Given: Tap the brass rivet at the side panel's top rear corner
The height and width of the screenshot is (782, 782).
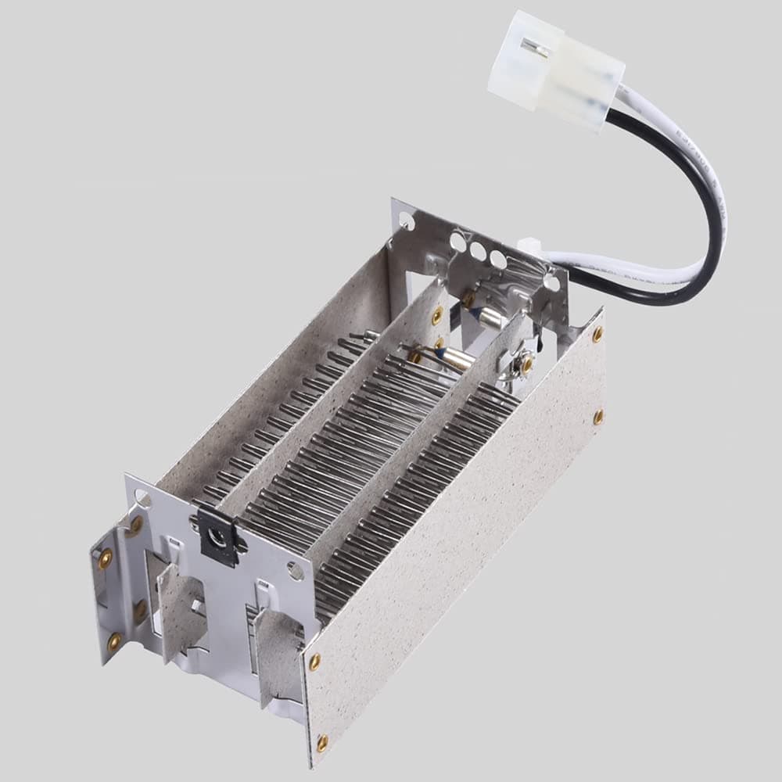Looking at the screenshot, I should [597, 335].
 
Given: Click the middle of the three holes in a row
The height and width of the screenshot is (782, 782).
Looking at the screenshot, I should [476, 249].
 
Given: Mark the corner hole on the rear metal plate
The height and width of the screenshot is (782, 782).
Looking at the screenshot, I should [406, 221].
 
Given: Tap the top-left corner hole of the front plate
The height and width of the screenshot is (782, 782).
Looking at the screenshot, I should [142, 497].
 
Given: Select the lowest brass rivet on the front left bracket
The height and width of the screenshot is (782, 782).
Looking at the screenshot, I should [114, 642].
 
